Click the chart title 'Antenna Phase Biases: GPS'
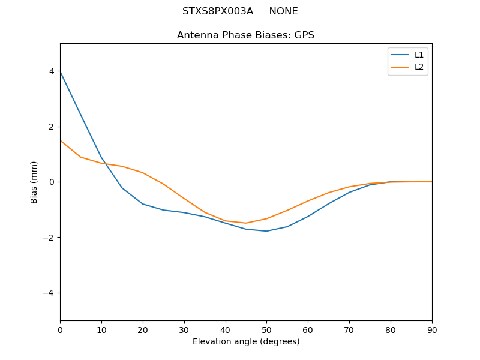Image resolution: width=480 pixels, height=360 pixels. point(245,35)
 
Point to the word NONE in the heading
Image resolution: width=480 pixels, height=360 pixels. point(283,11)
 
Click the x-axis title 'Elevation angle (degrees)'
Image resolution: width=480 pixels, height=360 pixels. point(246,341)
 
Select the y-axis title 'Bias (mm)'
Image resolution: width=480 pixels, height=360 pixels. point(34,182)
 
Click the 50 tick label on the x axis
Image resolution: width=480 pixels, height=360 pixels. point(266,329)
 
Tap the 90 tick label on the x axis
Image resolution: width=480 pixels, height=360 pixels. point(432,329)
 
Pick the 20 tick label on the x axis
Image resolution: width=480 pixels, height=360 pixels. point(143,329)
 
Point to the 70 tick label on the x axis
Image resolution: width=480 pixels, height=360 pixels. point(349,329)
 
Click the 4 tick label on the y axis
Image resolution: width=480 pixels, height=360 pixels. point(52,71)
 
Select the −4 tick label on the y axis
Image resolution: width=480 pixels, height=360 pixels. point(49,293)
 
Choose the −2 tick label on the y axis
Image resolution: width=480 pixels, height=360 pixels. point(49,238)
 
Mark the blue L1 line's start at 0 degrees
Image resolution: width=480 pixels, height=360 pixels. point(61,71)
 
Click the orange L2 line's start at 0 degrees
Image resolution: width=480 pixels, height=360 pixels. point(61,140)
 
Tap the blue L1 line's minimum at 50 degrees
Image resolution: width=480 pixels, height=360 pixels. point(266,231)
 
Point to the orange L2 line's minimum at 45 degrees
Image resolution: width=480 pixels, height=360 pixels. point(246,223)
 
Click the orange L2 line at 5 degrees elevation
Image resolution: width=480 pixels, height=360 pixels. point(81,157)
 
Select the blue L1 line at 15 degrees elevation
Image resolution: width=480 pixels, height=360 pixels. point(122,188)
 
